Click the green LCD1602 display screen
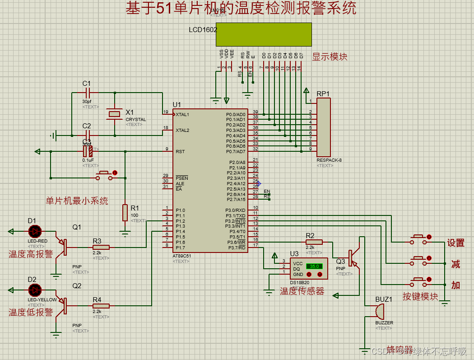264,35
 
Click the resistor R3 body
101,248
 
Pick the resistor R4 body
101,306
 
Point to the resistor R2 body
314,242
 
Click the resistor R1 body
125,213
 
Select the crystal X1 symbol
115,114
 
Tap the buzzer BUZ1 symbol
379,312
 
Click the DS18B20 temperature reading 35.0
314,266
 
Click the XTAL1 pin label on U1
182,114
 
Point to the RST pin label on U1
180,151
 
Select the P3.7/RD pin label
237,248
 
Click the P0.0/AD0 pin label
236,114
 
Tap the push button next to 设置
419,239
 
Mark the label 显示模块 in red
330,57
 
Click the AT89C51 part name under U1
181,256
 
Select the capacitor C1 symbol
87,93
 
